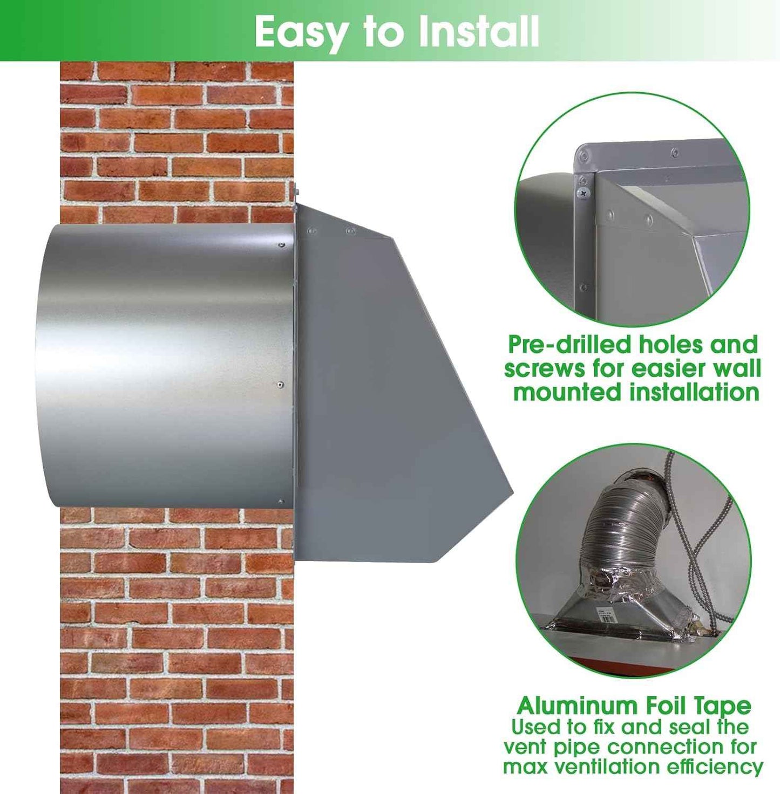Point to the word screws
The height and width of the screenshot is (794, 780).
(x=545, y=369)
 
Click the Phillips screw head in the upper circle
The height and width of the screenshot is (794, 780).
(x=583, y=193)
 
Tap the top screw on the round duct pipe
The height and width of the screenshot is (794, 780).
(x=282, y=245)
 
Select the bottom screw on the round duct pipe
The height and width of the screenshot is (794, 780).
(x=281, y=502)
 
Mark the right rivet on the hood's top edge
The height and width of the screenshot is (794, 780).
(x=351, y=231)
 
